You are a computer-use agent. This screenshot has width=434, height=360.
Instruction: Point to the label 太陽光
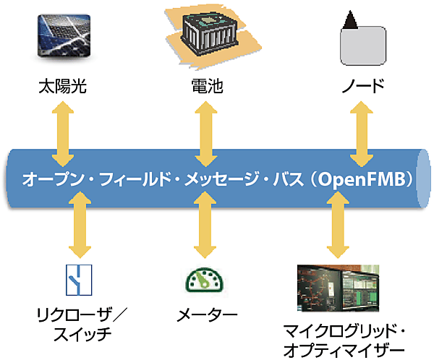[63, 87]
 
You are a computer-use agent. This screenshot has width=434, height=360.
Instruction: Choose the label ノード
[362, 87]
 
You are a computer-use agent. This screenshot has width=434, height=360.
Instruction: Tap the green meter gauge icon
[205, 280]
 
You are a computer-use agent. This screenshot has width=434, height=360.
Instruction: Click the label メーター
[207, 316]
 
